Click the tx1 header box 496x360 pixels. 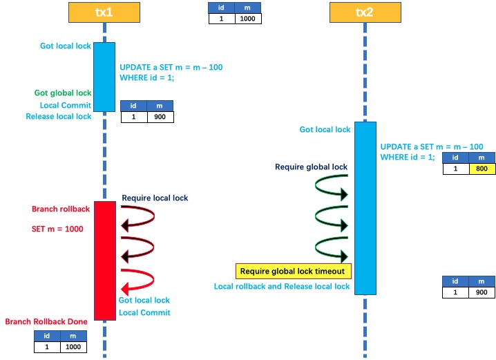pos(104,12)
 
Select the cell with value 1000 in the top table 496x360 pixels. pos(248,19)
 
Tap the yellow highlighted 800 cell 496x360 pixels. pos(481,168)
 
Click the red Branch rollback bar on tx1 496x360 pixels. pos(104,260)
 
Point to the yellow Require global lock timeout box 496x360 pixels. pos(294,270)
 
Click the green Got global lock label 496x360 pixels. pos(63,93)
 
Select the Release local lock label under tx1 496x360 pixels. pos(59,117)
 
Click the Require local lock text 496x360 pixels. pos(155,198)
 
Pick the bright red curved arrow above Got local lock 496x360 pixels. pos(138,279)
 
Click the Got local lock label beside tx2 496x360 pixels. pos(325,129)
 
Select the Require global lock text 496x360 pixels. pos(311,167)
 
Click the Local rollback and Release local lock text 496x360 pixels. pos(282,286)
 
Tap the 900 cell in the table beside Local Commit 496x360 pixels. pos(160,117)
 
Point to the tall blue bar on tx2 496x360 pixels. pos(365,208)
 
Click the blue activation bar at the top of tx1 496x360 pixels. pos(104,76)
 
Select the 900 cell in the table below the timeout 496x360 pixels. pos(481,292)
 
